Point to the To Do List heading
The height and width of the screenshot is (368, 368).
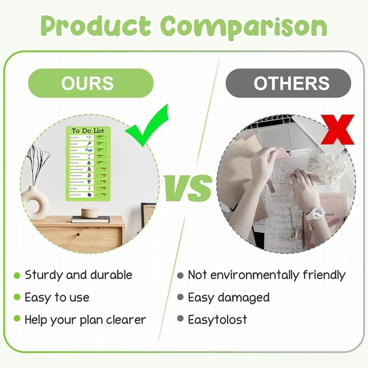click(x=88, y=131)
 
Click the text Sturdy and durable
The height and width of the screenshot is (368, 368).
click(x=78, y=275)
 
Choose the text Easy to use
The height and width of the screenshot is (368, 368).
click(x=57, y=297)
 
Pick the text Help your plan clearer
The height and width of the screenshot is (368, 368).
click(x=85, y=319)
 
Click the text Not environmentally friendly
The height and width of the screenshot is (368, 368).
click(x=266, y=275)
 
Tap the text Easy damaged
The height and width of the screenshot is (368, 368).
click(x=229, y=297)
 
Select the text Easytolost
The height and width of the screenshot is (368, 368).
click(x=217, y=319)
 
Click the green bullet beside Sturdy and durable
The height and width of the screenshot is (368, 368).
click(x=17, y=276)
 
